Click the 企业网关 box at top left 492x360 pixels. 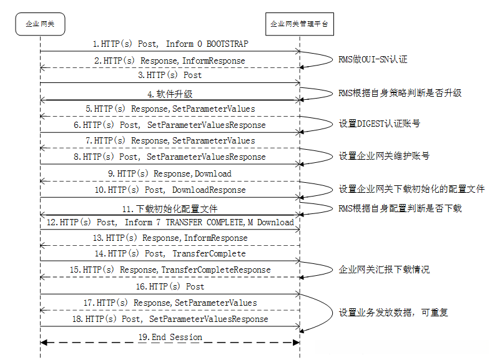tap(40, 24)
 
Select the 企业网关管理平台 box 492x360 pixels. tap(299, 24)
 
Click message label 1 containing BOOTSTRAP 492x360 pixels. tap(170, 44)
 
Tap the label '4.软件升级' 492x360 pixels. tap(170, 94)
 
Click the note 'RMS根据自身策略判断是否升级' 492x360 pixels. tap(400, 93)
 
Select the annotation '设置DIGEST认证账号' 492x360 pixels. tap(379, 124)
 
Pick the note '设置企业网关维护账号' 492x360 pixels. tap(383, 156)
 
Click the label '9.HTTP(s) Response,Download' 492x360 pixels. tap(170, 173)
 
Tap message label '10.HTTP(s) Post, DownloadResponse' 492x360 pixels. tap(170, 190)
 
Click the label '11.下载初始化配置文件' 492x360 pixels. tap(170, 208)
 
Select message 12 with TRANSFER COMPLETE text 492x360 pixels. tap(170, 222)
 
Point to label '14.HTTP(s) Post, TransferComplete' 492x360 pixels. tap(170, 254)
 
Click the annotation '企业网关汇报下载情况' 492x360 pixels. tap(383, 270)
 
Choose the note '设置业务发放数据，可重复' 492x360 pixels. tap(393, 311)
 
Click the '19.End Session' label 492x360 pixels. tap(170, 337)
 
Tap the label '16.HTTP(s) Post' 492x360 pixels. tap(170, 286)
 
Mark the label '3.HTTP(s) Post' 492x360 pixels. tap(170, 75)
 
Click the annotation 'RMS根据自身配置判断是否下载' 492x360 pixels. tap(400, 208)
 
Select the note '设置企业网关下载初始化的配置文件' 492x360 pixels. tap(411, 189)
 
